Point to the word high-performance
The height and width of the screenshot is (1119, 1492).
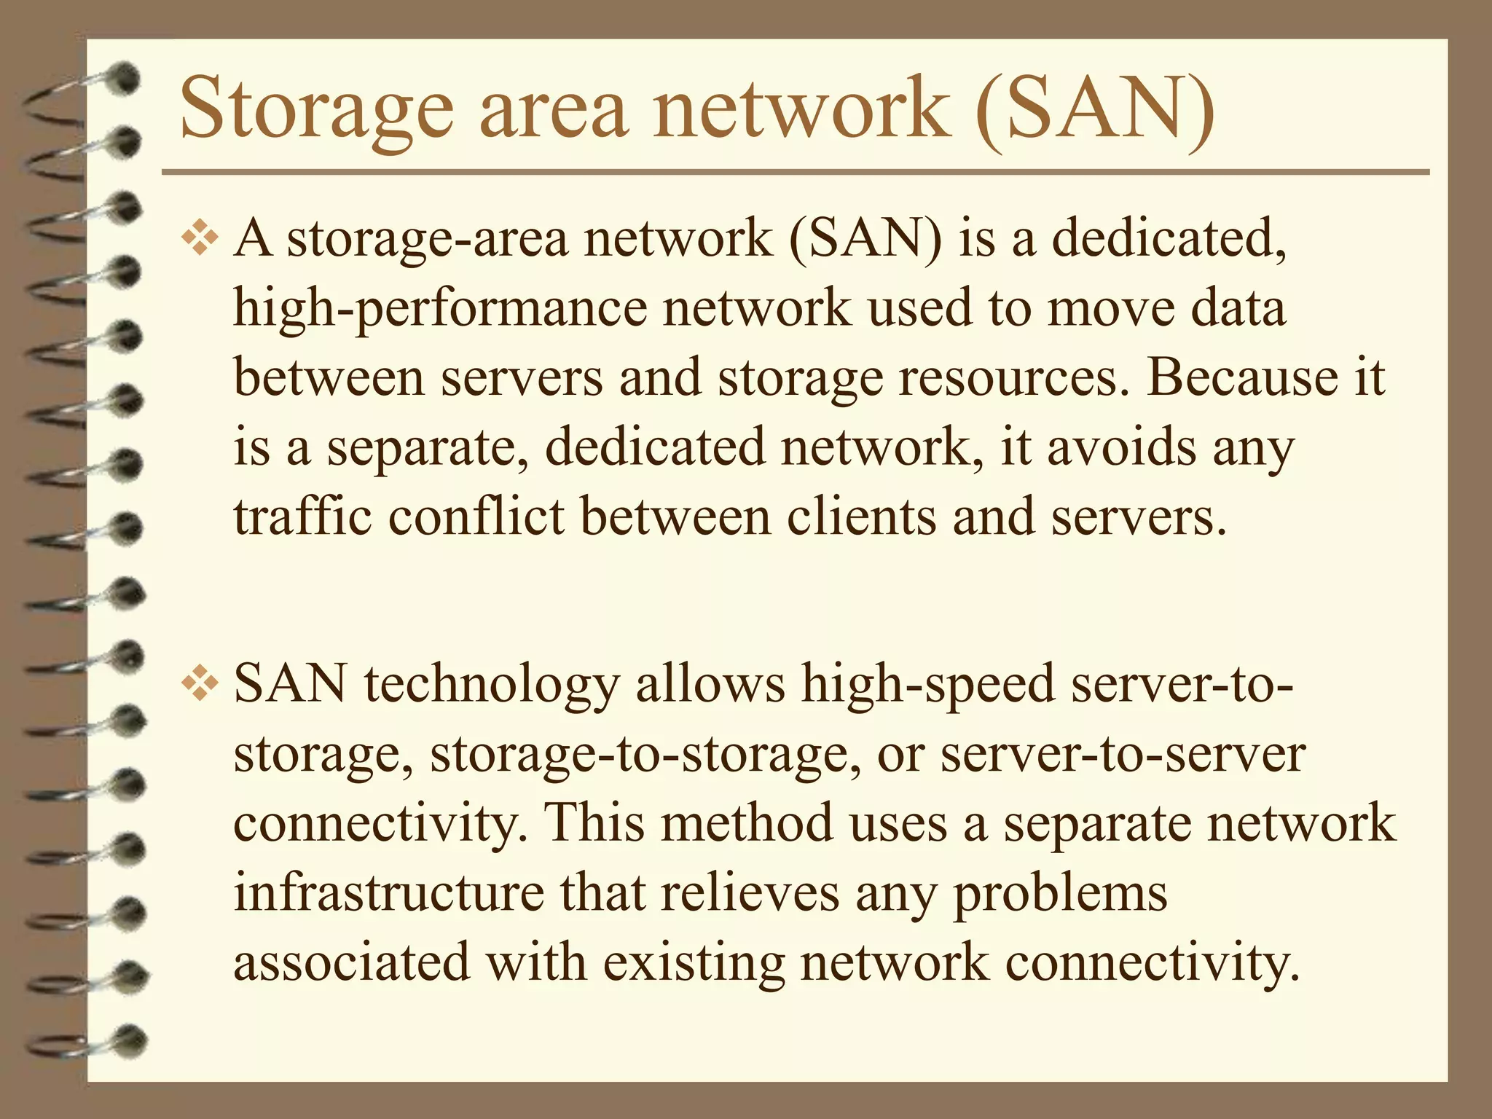[439, 309]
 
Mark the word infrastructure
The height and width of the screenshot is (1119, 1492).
[388, 893]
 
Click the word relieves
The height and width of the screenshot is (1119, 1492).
[750, 893]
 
